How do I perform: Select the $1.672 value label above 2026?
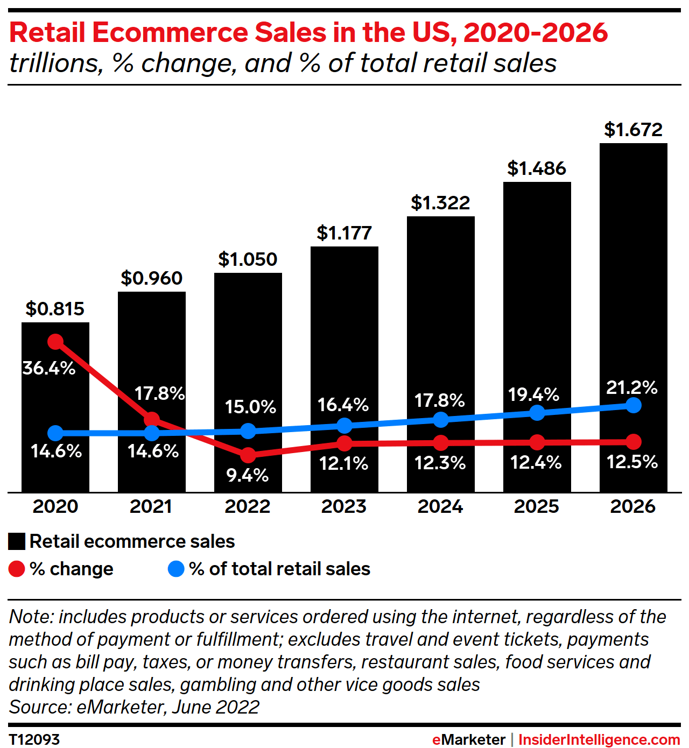(633, 130)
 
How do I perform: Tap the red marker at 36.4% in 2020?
(55, 342)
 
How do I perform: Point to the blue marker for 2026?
(634, 405)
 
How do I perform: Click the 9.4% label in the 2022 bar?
(247, 475)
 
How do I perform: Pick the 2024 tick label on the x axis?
(440, 506)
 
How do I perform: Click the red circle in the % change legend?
(17, 569)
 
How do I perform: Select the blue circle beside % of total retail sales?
(176, 569)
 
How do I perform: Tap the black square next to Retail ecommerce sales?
(17, 541)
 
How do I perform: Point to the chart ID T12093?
(34, 739)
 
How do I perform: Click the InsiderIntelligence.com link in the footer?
(599, 740)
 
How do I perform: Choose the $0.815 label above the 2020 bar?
(55, 309)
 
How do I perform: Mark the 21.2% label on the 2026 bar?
(632, 387)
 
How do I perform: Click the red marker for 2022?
(248, 455)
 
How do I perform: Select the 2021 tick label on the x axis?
(151, 506)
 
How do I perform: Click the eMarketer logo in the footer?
(468, 740)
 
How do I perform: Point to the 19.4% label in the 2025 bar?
(534, 394)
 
